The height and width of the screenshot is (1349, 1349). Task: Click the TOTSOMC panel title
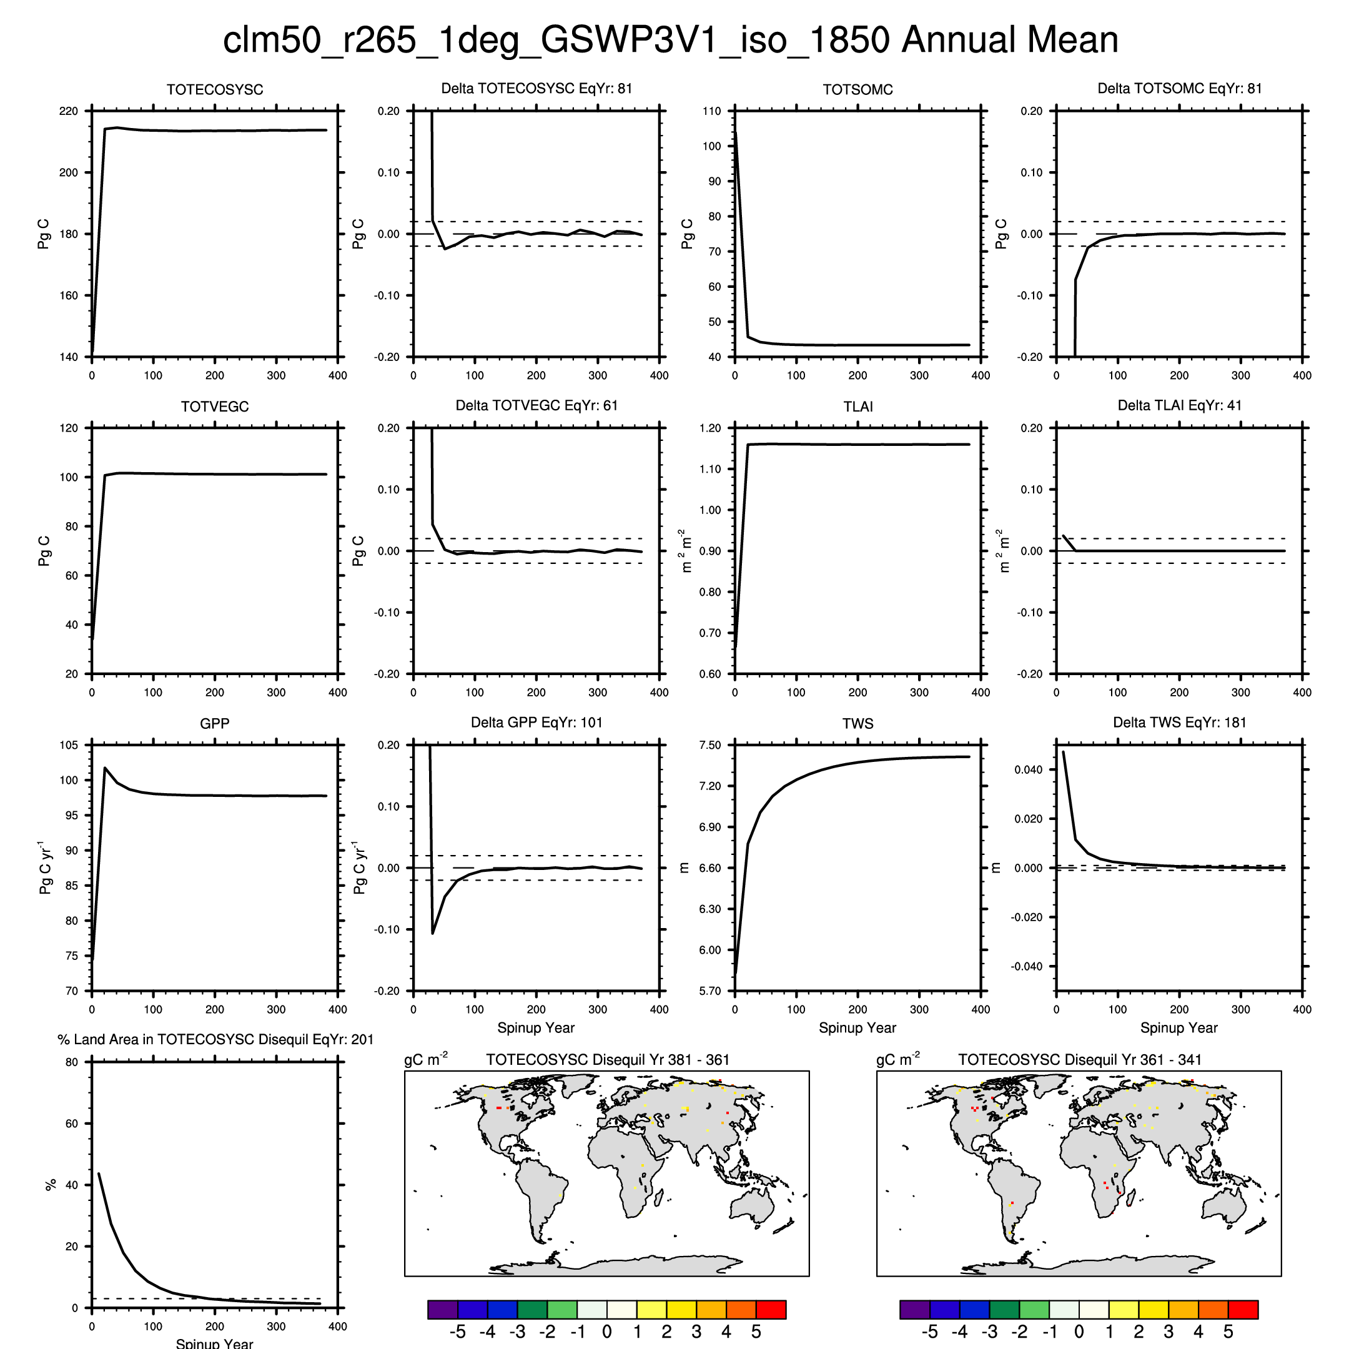click(x=857, y=89)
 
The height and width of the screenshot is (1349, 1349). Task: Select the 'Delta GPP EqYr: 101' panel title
click(x=536, y=723)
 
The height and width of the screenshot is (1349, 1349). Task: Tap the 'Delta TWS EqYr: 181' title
click(x=1179, y=723)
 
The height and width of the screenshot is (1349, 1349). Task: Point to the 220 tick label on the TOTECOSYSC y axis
click(x=69, y=111)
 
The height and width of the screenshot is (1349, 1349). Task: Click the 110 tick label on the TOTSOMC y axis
click(x=711, y=111)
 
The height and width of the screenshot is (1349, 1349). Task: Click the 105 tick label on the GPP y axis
click(x=69, y=745)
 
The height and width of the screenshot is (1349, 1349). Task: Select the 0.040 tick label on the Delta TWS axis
click(x=1028, y=769)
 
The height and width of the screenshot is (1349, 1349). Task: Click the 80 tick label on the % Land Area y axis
click(x=71, y=1062)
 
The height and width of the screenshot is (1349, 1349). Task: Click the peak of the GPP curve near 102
click(x=105, y=768)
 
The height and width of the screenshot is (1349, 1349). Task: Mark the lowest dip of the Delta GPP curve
click(x=433, y=934)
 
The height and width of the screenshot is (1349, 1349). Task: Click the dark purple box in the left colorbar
click(x=443, y=1309)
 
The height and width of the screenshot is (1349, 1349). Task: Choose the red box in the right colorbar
click(x=1243, y=1309)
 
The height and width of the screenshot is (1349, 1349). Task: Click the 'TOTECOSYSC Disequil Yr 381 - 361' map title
click(x=608, y=1060)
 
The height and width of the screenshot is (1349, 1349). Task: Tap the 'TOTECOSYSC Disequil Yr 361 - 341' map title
click(x=1079, y=1060)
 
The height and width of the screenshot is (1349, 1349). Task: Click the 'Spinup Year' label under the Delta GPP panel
click(x=536, y=1028)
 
